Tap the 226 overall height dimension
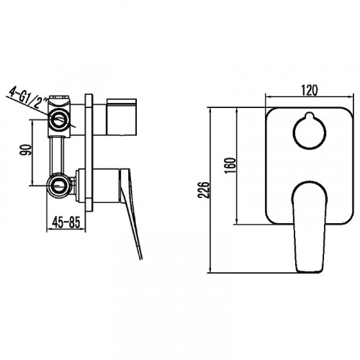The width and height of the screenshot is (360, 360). click(x=204, y=191)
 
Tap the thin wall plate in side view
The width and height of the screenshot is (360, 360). click(x=89, y=151)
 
